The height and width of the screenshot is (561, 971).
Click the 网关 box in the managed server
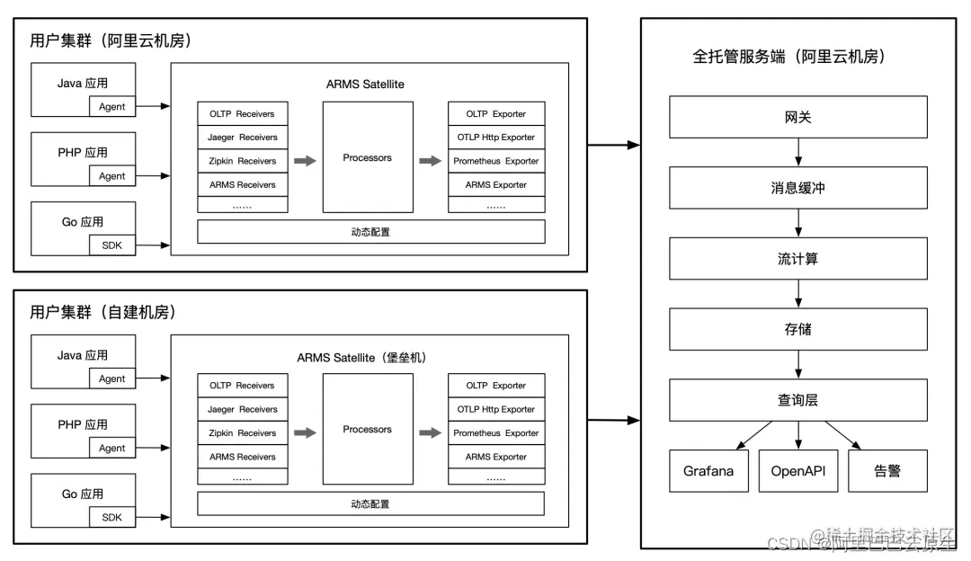point(797,118)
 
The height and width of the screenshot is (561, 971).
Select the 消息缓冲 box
point(797,188)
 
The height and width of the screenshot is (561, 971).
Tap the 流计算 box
point(797,259)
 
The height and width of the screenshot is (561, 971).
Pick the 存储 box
point(797,329)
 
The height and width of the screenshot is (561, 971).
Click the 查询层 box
point(797,400)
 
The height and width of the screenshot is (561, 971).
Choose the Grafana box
point(708,471)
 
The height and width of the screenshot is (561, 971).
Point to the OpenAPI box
point(798,471)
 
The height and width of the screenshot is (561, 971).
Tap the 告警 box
point(887,471)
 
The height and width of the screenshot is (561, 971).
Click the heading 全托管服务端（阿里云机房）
point(788,57)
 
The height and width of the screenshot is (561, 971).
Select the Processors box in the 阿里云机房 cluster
point(368,157)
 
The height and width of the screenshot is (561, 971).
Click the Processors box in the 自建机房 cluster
point(368,429)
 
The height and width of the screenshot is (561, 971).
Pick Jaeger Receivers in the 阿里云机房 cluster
point(243,138)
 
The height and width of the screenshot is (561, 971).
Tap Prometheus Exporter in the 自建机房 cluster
point(496,433)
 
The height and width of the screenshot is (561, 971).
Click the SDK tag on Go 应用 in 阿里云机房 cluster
point(112,245)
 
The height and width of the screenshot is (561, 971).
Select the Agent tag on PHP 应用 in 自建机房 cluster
point(112,448)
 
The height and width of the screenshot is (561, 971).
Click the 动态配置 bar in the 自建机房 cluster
point(370,504)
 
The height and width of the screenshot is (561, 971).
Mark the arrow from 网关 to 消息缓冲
point(798,152)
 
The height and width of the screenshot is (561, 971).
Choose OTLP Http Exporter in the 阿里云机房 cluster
point(496,138)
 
